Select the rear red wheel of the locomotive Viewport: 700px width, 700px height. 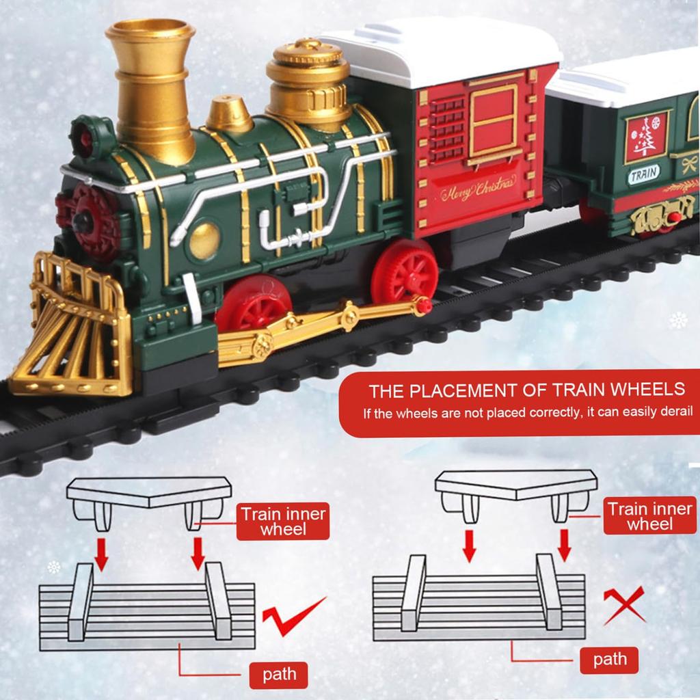[405, 269]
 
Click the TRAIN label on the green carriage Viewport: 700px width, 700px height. [643, 174]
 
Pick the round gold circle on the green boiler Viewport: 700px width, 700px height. [204, 240]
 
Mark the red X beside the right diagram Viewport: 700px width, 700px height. [623, 605]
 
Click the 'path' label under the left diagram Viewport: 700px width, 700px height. [279, 674]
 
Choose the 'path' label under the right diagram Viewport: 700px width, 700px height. [610, 659]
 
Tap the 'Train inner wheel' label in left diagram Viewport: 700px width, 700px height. [283, 522]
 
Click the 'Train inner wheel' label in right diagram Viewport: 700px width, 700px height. [650, 515]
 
